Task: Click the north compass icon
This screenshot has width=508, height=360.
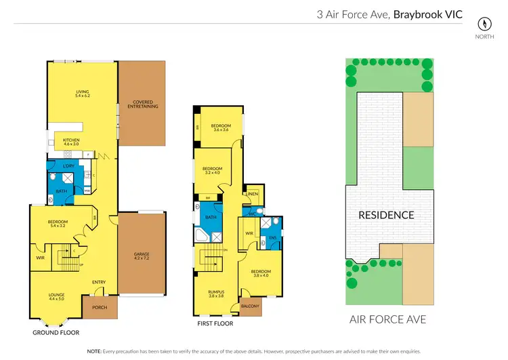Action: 483,22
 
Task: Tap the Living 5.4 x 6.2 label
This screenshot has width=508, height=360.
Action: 82,94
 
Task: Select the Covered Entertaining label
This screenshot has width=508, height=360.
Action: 142,104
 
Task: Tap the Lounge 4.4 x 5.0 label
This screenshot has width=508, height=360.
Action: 56,296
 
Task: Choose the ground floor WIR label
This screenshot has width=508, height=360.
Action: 40,257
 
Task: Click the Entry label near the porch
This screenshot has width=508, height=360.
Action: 99,282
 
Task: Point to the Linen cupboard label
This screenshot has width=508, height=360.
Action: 252,195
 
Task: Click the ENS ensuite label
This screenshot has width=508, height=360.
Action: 273,237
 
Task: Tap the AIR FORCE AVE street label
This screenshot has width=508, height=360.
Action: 387,319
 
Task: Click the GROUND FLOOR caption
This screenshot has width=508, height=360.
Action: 56,333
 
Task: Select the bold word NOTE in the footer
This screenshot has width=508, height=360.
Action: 94,351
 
